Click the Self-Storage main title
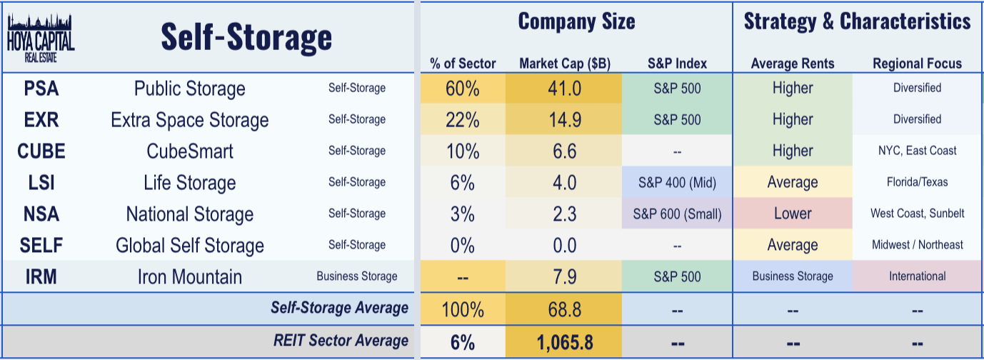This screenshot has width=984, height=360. click(246, 36)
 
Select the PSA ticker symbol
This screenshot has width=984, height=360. click(41, 89)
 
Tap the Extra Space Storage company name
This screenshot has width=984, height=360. click(190, 120)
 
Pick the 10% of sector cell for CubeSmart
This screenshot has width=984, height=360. click(463, 151)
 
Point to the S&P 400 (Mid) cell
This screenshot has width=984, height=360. click(678, 183)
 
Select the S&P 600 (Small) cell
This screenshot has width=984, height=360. click(678, 214)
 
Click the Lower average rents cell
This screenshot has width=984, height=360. click(793, 214)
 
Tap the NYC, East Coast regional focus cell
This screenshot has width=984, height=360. click(917, 151)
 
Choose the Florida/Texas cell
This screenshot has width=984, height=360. click(917, 183)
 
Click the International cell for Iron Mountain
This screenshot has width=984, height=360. click(917, 277)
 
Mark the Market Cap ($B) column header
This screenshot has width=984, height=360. click(564, 64)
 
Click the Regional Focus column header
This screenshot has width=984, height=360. click(917, 64)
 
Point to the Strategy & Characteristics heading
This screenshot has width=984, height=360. click(857, 21)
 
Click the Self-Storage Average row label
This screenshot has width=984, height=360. click(339, 309)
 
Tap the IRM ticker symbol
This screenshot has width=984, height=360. click(41, 277)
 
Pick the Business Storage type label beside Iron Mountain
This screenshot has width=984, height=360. click(357, 277)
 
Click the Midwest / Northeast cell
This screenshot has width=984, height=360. click(917, 246)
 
